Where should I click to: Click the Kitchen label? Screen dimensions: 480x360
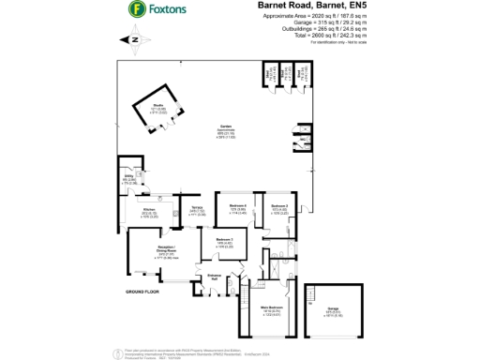click(148, 212)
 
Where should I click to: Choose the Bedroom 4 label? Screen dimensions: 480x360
click(238, 205)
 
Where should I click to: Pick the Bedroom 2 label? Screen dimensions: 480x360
click(278, 205)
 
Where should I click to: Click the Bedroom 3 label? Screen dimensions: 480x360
click(224, 240)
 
